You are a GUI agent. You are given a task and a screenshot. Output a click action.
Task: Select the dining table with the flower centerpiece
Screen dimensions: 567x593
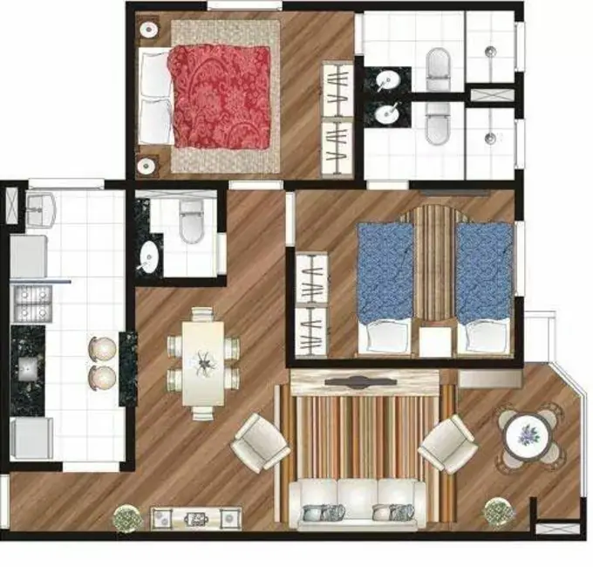pyautogui.click(x=203, y=361)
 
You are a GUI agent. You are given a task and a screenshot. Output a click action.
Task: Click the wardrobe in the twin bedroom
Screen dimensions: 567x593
pyautogui.click(x=311, y=304)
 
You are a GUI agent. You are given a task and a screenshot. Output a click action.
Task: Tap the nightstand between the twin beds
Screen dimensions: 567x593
pyautogui.click(x=434, y=341)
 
